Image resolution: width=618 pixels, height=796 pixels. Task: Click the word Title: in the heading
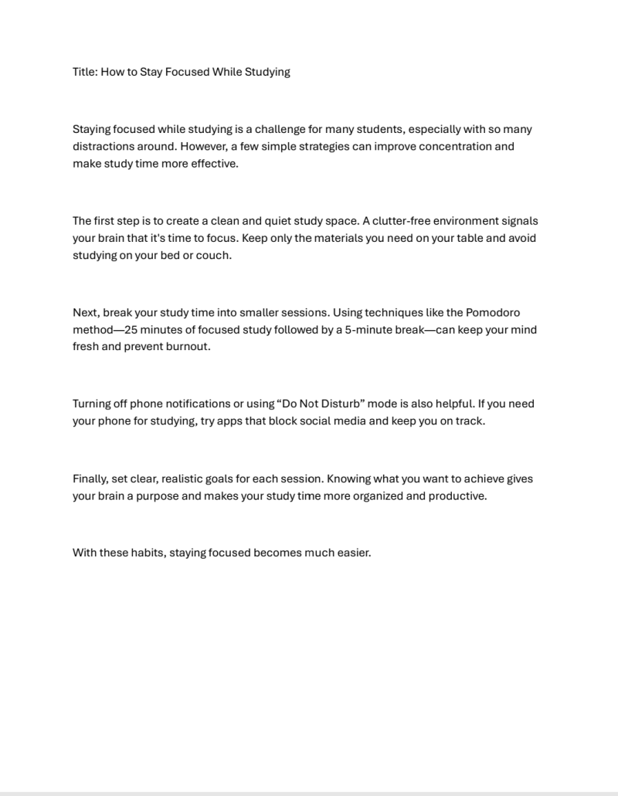85,72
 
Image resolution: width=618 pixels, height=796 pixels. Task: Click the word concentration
434,146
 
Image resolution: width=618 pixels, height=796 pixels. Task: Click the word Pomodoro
493,312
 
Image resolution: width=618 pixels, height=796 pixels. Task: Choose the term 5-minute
367,329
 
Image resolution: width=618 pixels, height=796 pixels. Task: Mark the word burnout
188,346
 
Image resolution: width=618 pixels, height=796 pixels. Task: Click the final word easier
353,553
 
